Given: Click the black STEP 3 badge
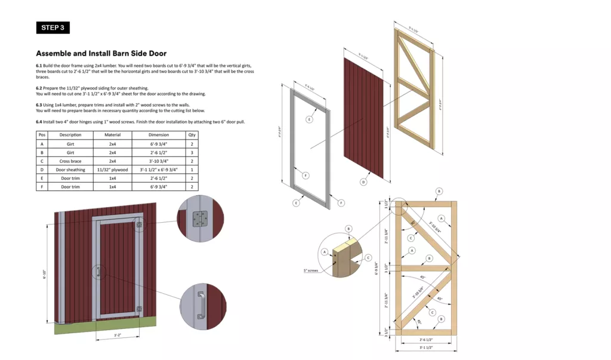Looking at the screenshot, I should click(x=53, y=27).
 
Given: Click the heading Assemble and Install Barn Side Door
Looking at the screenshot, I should click(x=101, y=53).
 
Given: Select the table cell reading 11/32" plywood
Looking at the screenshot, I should click(x=112, y=170).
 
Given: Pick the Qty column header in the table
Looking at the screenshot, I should click(x=192, y=135).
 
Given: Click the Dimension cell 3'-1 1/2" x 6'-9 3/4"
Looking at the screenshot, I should click(x=159, y=170).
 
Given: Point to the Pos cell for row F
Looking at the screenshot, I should click(x=41, y=187).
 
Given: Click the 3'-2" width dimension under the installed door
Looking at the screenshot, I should click(x=118, y=336).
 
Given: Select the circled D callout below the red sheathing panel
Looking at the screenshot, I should click(x=363, y=181).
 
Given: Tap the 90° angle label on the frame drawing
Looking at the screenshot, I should click(x=411, y=224).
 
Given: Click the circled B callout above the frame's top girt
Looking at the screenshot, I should click(x=439, y=191).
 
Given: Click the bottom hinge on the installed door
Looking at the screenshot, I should click(x=140, y=309).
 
